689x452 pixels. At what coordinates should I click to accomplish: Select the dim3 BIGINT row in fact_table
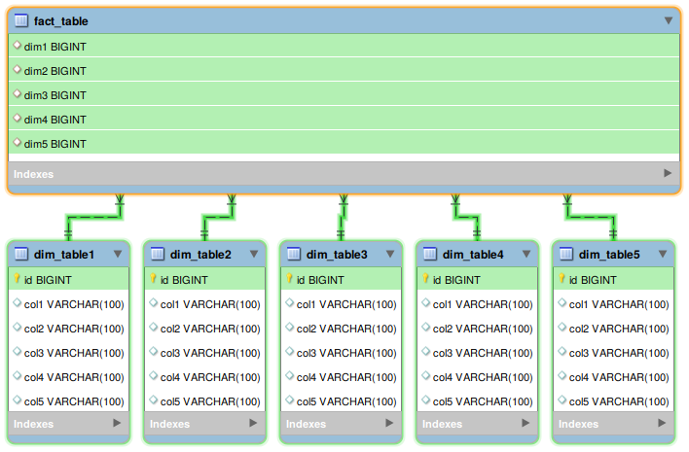pos(54,95)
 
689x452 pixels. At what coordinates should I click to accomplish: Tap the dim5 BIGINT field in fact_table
pos(54,144)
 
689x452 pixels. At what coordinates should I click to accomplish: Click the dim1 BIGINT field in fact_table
pos(54,46)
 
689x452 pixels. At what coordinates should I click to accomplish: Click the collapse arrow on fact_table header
pos(669,20)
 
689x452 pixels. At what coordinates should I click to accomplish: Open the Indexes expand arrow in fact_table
pos(668,173)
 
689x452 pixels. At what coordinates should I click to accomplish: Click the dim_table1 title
pos(64,255)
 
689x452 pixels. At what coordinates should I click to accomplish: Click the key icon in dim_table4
pos(426,280)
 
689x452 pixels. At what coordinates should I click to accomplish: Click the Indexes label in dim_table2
pos(170,424)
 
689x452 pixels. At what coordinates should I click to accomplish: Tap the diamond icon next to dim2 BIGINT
pos(17,70)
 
